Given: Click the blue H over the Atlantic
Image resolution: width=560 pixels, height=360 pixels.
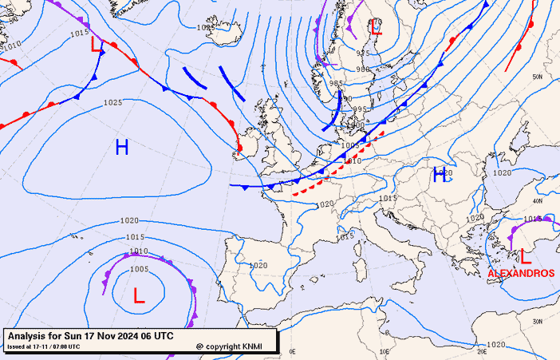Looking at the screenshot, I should [122, 147].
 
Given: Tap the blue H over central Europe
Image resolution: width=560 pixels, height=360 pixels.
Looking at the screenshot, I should [439, 176].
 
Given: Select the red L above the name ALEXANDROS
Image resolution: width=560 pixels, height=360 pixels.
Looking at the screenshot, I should [525, 257].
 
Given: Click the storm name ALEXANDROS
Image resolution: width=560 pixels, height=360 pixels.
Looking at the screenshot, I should [521, 273].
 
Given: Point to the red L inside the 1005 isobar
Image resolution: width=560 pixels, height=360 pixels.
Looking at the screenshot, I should [139, 296].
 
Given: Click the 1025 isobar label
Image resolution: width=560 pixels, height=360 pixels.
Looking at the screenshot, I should [112, 103].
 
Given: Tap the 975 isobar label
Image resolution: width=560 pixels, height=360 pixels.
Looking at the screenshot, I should [364, 53].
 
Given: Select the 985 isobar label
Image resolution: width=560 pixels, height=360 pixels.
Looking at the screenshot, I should [337, 84].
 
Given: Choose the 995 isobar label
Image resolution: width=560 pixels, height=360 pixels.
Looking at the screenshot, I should [360, 109].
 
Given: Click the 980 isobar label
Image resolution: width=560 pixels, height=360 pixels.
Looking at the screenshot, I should [363, 69].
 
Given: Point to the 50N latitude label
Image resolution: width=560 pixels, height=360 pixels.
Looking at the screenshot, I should [538, 77].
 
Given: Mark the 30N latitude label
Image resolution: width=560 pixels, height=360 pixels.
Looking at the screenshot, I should [538, 321].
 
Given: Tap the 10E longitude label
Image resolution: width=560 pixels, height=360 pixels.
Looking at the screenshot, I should [386, 350].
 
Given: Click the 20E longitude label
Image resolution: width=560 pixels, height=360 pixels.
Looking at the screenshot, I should [481, 350].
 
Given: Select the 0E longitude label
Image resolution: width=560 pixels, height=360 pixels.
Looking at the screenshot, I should [292, 350].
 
